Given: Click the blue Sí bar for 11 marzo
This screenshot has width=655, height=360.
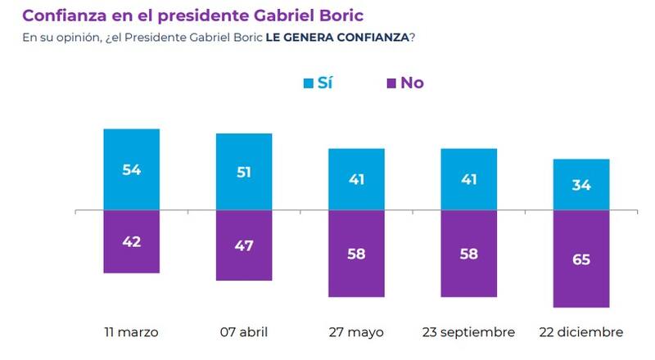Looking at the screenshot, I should coord(132,169).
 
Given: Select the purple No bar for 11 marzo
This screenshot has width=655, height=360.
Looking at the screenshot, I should coord(132,242).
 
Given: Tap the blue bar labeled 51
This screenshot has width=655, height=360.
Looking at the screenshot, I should coord(244,172).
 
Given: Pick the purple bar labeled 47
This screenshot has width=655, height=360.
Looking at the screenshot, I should coord(244,246).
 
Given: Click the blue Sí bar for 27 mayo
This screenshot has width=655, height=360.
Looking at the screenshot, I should coord(356,180).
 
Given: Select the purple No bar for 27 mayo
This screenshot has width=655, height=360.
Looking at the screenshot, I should coord(356,254).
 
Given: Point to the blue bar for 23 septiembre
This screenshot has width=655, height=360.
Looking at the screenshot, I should coord(469,180).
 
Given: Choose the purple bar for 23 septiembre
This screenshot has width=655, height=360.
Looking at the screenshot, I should coord(469,254).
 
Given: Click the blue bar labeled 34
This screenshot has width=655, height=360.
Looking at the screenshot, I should coord(581,185).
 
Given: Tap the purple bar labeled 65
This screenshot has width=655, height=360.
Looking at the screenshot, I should coord(581,259).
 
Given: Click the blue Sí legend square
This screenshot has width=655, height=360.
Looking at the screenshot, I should coord(309,83).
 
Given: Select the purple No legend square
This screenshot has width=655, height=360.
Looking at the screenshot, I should coord(391,83).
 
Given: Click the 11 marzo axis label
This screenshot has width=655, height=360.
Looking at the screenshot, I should coord(132,332).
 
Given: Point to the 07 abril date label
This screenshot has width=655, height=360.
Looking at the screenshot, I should coord(244,332).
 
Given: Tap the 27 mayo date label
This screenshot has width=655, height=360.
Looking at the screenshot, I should coord(356,332).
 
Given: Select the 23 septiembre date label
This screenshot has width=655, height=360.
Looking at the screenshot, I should coord(469,332).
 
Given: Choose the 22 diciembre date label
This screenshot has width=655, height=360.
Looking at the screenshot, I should coord(581,332).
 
